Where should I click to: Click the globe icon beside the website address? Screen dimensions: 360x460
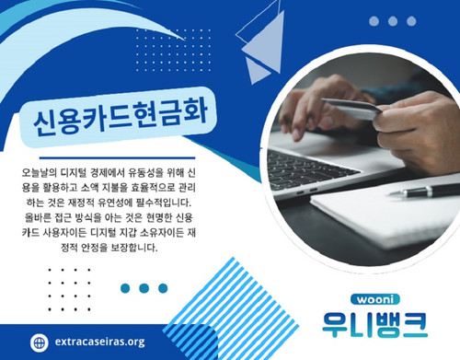39,341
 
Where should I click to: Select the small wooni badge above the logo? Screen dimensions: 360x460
374,299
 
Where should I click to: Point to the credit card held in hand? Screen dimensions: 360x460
354,109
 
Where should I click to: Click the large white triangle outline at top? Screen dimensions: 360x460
258,28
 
